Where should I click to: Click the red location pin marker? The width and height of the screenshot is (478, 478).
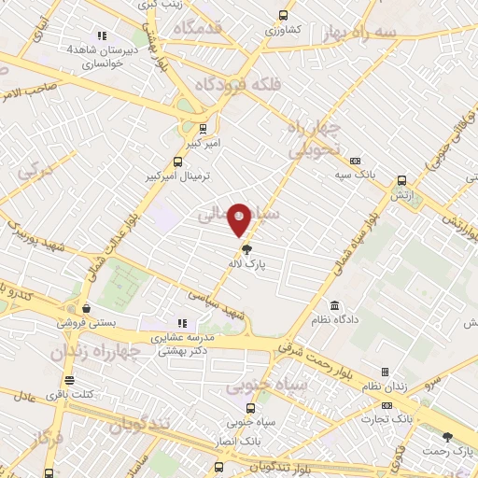(239, 219)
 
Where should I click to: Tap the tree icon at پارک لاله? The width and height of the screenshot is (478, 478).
(246, 249)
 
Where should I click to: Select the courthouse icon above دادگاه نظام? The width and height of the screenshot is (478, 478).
(335, 306)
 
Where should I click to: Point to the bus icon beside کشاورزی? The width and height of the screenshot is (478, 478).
(283, 16)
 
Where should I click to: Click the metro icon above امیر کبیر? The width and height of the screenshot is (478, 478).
(204, 128)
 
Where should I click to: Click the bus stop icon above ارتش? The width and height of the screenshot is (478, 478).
(402, 181)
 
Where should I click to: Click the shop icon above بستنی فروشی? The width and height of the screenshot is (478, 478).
(86, 308)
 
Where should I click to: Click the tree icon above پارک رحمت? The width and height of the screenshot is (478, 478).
(447, 436)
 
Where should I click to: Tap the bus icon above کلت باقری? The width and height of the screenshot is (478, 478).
(69, 380)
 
